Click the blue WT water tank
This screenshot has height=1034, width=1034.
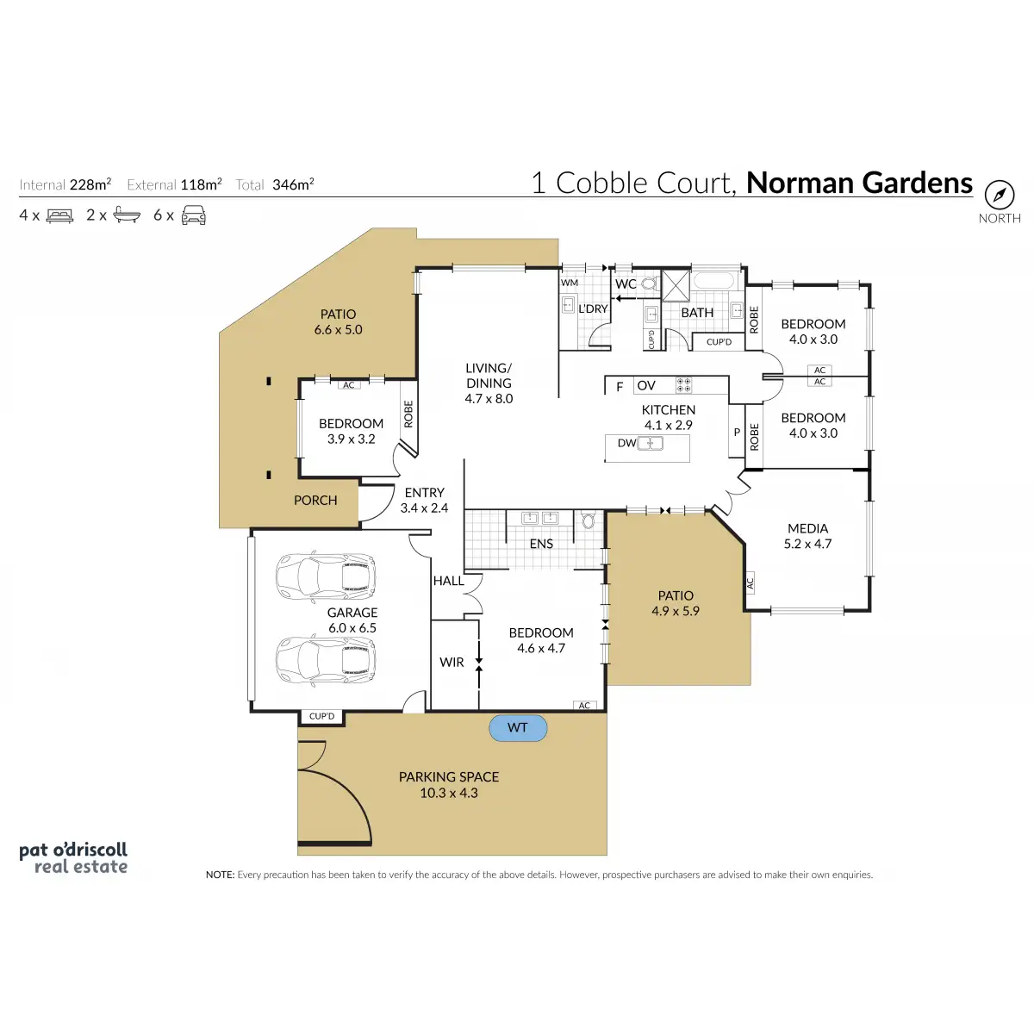518,728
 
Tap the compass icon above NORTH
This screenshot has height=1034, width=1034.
1000,195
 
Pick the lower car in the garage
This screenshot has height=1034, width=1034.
325,660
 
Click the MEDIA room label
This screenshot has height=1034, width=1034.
807,528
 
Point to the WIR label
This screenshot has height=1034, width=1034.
452,662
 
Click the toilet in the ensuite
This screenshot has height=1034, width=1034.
589,520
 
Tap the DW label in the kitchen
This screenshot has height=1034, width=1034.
626,443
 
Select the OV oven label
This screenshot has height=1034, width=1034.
646,386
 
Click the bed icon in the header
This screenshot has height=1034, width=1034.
59,215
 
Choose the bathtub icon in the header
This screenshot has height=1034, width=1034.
127,215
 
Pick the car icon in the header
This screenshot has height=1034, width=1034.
194,215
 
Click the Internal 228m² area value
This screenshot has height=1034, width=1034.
90,184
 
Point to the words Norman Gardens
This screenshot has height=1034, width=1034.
859,183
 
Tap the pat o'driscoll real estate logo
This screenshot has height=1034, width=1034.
73,858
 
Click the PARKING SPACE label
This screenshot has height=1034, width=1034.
449,776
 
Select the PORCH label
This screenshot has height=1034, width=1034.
315,500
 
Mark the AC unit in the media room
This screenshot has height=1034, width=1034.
750,583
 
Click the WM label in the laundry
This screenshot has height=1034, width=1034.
570,283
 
